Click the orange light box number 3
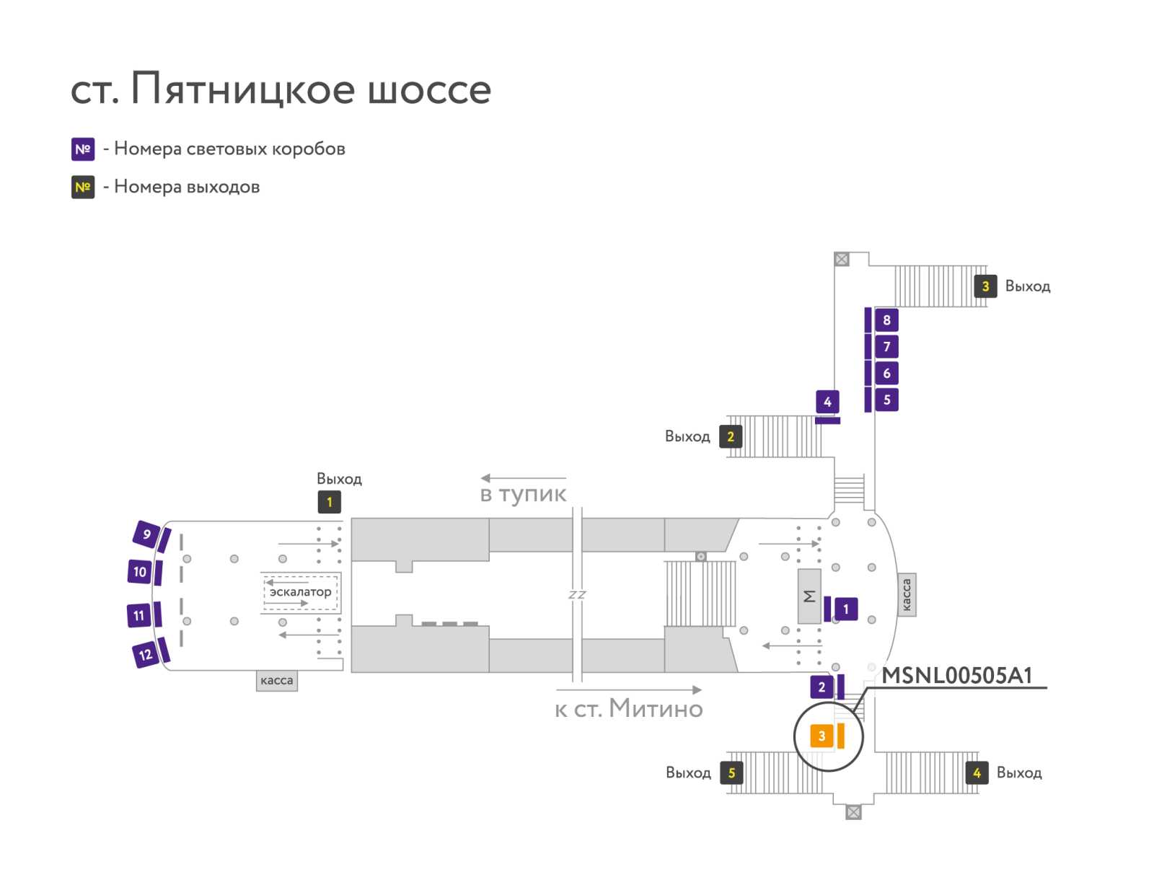(821, 736)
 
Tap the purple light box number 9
(146, 534)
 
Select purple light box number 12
(146, 654)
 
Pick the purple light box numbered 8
(886, 319)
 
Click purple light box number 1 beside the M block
(845, 609)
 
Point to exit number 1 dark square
(329, 502)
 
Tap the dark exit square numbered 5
(731, 772)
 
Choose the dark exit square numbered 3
(985, 286)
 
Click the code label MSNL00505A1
(957, 675)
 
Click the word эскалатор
(300, 591)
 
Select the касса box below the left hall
(276, 680)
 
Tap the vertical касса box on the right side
(906, 594)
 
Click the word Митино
(656, 708)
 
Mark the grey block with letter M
(809, 596)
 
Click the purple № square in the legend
(83, 149)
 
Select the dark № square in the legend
(83, 187)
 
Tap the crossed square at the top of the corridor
(841, 259)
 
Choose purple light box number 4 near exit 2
(827, 402)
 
